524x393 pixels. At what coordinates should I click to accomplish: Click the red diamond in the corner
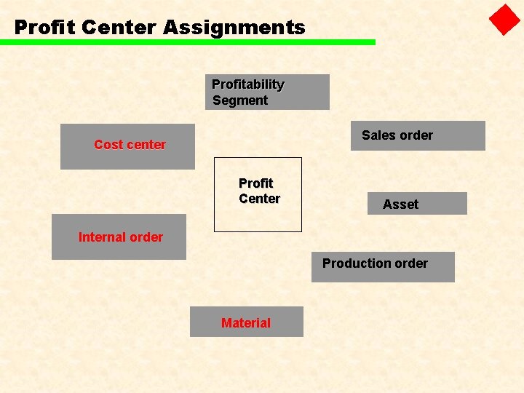(x=504, y=20)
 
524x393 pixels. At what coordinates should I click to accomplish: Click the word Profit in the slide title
(x=45, y=28)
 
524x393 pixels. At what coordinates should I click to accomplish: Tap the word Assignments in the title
(x=234, y=28)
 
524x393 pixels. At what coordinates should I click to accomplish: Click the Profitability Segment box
(x=267, y=92)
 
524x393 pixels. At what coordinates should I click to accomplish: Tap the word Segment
(x=240, y=100)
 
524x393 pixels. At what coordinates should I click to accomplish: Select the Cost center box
(x=127, y=146)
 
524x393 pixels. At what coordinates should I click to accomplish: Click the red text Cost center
(x=130, y=144)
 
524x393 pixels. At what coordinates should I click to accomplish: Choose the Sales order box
(x=418, y=135)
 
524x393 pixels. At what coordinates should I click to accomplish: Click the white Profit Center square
(x=258, y=194)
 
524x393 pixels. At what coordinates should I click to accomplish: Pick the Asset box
(x=417, y=203)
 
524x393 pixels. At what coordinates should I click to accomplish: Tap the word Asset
(x=400, y=205)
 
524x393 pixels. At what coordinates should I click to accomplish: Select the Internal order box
(x=119, y=237)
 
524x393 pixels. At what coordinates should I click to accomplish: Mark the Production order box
(x=383, y=266)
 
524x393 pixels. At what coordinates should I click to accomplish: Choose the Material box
(x=246, y=322)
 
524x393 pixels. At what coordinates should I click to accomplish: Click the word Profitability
(x=247, y=84)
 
